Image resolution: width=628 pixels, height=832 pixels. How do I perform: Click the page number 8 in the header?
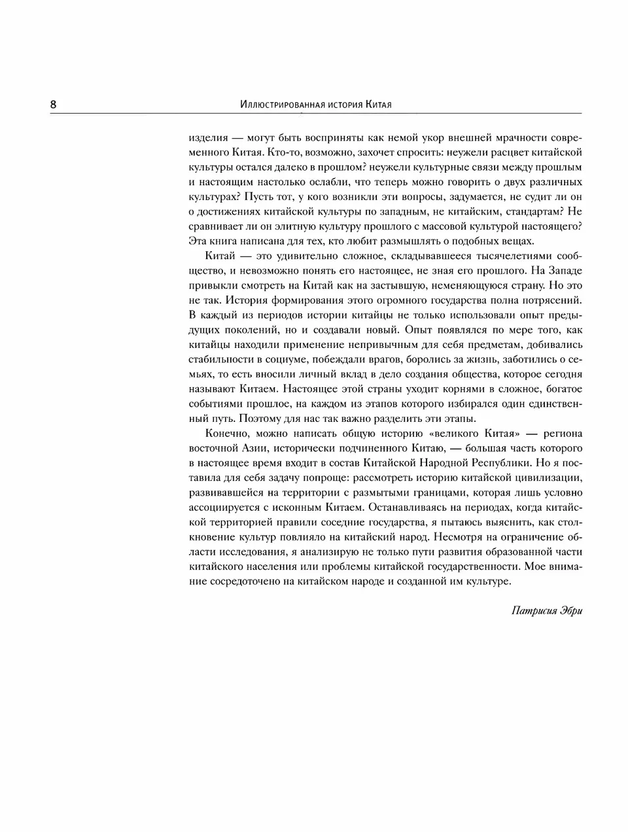53,105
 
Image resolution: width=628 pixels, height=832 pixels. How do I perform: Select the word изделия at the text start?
208,139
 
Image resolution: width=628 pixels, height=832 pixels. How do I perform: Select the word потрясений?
548,300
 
